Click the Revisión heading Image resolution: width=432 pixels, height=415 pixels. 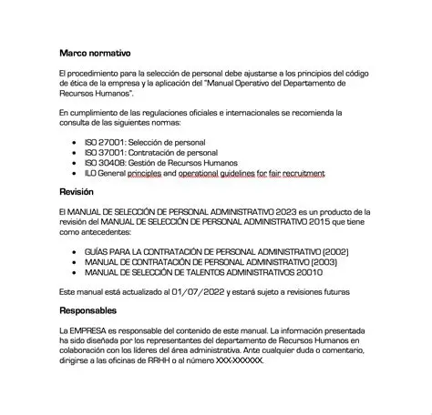77,193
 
